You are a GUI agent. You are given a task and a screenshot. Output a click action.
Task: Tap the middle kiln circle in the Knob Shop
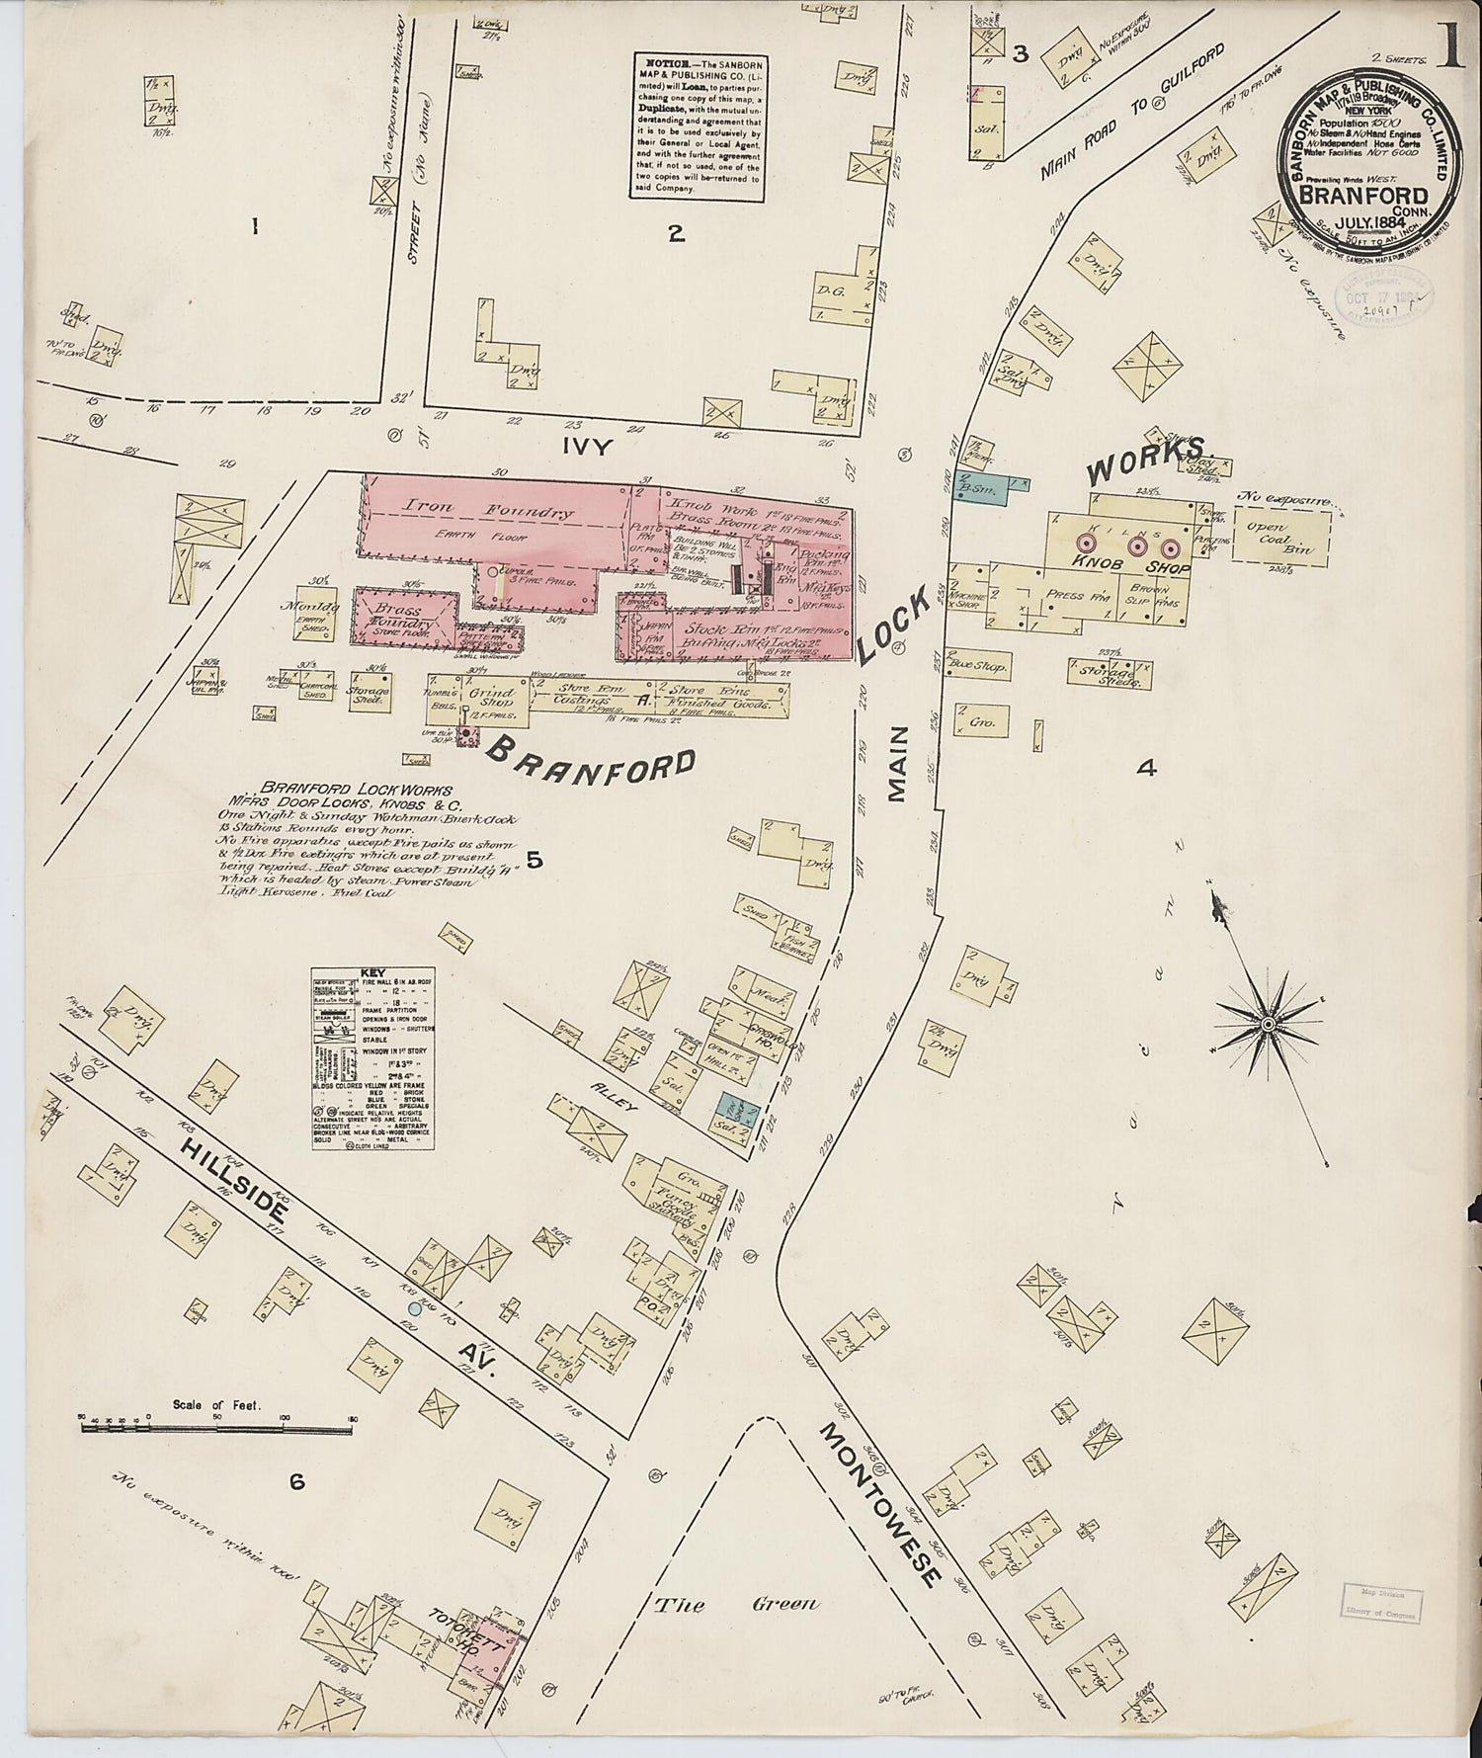pos(1136,545)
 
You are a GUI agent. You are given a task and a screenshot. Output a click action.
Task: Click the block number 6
pos(295,1481)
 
